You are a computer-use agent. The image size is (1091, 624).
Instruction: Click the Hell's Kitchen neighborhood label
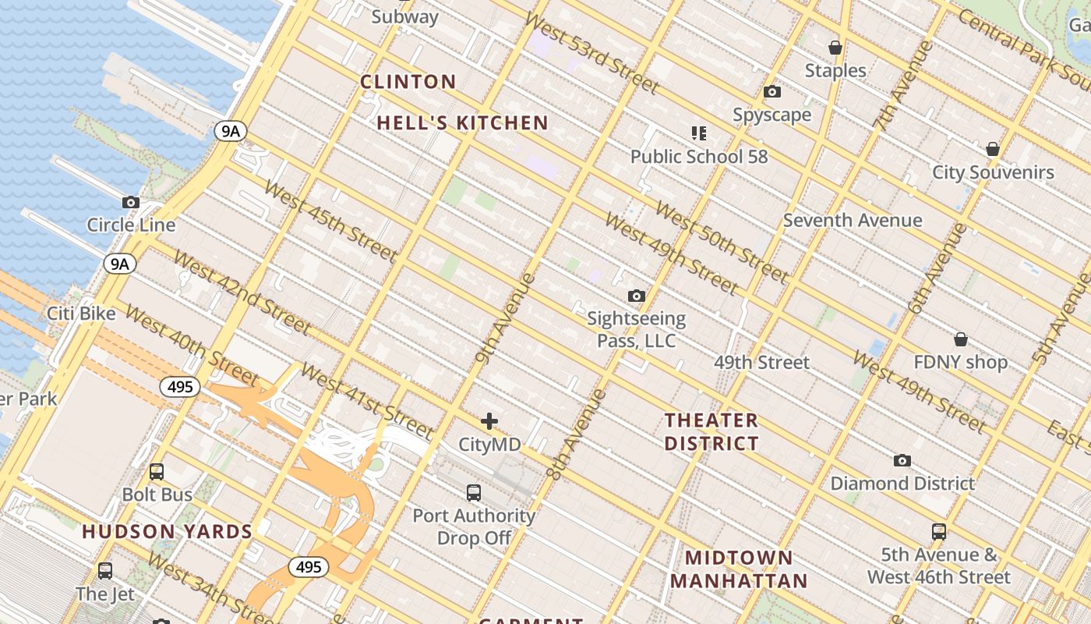[463, 123]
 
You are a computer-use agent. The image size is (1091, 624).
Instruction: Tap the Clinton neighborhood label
[408, 82]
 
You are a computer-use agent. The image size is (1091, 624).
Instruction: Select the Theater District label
[711, 432]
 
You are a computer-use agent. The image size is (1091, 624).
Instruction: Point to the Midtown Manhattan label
[739, 569]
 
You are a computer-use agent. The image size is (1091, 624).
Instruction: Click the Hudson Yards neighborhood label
[168, 532]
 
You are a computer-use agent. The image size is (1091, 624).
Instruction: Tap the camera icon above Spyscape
[772, 92]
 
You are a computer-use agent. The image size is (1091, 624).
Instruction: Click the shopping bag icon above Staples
[835, 48]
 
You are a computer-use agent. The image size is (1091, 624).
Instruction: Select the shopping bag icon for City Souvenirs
[993, 149]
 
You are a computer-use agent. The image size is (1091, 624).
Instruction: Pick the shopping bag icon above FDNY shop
[961, 339]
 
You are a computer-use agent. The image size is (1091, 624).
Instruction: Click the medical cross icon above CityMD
[489, 422]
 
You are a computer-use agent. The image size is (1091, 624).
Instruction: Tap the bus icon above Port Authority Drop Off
[474, 493]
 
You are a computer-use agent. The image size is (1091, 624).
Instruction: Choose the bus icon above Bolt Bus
[157, 472]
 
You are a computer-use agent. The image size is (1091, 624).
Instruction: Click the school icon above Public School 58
[698, 133]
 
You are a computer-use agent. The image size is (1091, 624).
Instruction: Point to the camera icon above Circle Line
[131, 203]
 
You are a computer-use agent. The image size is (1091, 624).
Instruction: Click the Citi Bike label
[81, 314]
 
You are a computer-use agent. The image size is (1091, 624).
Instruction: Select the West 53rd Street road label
[591, 54]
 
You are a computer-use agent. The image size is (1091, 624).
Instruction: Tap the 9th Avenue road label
[505, 318]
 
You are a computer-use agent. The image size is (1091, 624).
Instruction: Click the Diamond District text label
[902, 484]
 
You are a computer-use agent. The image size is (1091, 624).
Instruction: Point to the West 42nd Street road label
[242, 292]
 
